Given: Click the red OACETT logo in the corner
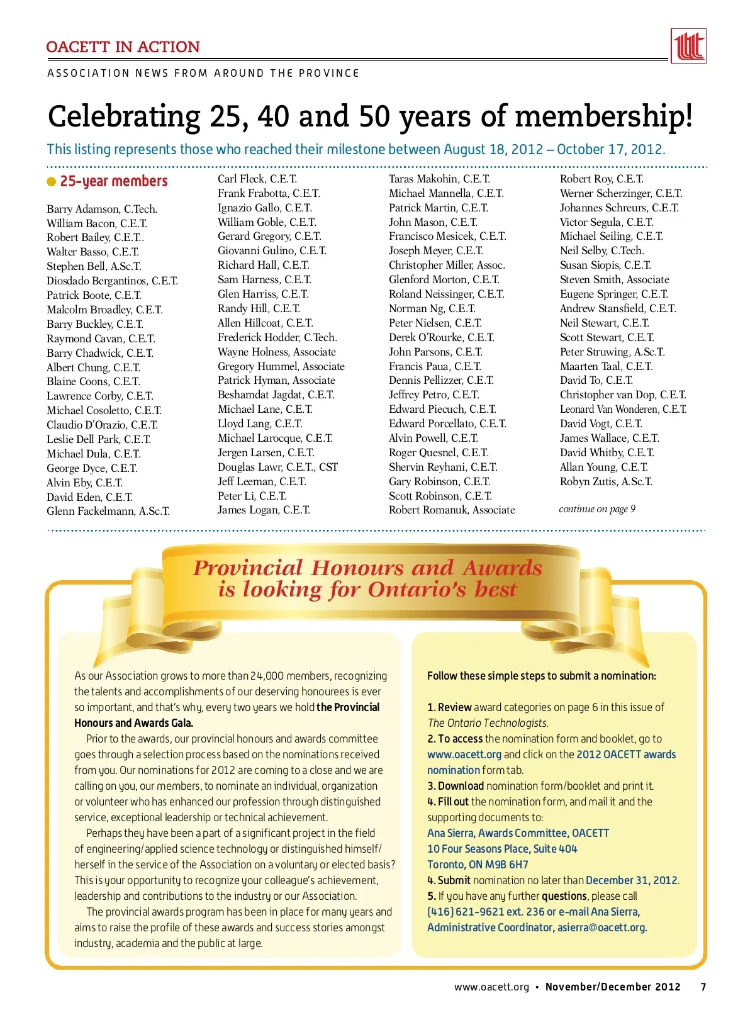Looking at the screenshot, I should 688,46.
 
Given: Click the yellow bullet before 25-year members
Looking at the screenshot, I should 52,182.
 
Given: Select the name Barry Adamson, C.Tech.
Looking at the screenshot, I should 102,209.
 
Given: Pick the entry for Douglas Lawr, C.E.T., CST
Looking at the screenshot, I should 277,467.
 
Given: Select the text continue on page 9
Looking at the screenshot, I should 597,508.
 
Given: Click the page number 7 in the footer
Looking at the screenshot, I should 703,987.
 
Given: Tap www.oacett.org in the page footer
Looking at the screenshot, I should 491,987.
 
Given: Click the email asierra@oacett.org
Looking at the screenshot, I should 601,928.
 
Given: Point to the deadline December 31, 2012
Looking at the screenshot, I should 632,880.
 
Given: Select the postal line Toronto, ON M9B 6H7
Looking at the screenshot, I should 478,865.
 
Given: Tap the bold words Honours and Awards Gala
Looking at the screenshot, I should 133,723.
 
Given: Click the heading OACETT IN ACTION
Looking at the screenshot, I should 123,47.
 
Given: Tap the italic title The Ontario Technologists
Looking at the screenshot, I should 488,723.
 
